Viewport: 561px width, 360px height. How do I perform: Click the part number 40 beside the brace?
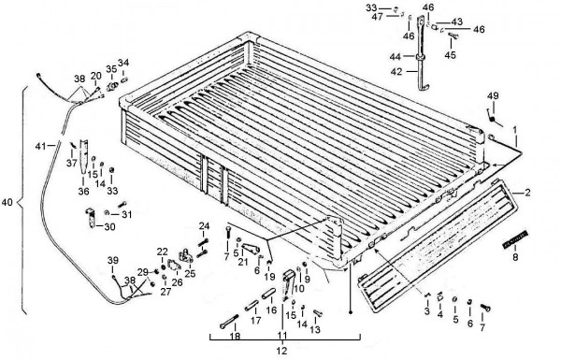tap(7, 203)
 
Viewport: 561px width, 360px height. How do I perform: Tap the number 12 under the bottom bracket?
tap(282, 351)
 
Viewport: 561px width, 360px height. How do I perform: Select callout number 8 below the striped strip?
tap(515, 257)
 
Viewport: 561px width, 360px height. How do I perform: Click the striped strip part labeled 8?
tap(515, 239)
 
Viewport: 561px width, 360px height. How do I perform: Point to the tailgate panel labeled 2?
tap(438, 246)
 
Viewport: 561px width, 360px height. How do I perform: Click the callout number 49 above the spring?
tap(493, 96)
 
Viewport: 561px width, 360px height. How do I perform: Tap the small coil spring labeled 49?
tap(494, 118)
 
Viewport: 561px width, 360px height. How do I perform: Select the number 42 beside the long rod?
tap(396, 72)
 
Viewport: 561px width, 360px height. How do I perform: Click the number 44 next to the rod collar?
tap(395, 56)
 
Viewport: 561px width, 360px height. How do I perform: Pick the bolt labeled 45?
tap(453, 36)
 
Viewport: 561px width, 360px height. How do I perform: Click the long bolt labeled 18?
tap(230, 321)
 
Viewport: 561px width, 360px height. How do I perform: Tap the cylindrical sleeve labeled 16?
tap(269, 294)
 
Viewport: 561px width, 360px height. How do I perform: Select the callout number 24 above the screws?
tap(204, 226)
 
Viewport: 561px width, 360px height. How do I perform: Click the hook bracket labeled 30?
tap(91, 218)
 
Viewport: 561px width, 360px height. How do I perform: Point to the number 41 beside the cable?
tap(40, 146)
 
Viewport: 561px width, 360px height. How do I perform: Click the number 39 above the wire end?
tap(113, 261)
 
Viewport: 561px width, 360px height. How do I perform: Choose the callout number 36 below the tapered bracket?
tap(83, 192)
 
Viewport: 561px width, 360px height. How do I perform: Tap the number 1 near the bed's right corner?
tap(515, 130)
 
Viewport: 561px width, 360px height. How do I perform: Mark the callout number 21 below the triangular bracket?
tap(243, 262)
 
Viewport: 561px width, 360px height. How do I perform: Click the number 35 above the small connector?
tap(111, 68)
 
